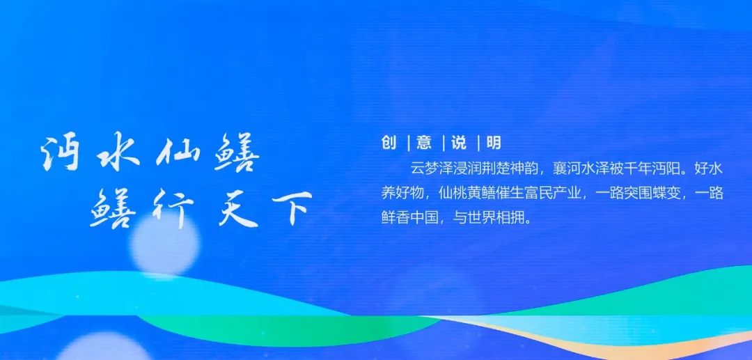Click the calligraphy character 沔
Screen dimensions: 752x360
(x=61, y=152)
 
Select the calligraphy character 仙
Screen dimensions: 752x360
(x=175, y=153)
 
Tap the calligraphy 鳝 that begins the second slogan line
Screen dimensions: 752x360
(x=113, y=208)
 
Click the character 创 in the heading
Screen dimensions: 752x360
(x=389, y=142)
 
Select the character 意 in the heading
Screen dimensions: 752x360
(x=425, y=142)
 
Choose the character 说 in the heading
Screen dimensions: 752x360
(x=459, y=142)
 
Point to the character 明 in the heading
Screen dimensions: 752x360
(x=494, y=142)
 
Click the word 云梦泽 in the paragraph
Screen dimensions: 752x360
(x=432, y=169)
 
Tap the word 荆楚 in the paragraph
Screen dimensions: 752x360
(x=496, y=169)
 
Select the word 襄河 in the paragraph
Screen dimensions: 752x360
(x=567, y=169)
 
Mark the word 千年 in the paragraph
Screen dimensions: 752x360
(x=638, y=169)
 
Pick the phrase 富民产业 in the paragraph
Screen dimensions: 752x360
(x=553, y=193)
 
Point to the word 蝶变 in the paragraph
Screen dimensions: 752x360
(x=666, y=193)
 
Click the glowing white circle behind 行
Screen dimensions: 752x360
(x=164, y=245)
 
